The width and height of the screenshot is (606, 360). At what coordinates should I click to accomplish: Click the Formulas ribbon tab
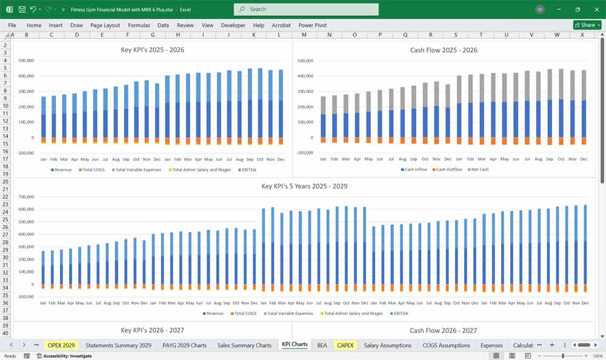[x=139, y=25]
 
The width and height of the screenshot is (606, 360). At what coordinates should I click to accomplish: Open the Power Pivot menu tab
[x=312, y=25]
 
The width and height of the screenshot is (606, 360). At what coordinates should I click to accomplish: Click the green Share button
[x=587, y=25]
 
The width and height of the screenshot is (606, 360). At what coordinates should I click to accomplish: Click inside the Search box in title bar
[x=306, y=9]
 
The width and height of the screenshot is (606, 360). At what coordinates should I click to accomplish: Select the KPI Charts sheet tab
[x=295, y=345]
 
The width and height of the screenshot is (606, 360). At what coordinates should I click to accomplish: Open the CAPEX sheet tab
[x=345, y=345]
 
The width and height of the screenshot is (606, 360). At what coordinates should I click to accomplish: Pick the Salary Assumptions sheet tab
[x=387, y=345]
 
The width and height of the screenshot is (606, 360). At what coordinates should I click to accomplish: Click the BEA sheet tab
[x=322, y=345]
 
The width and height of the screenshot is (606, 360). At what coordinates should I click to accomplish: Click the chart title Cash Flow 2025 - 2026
[x=444, y=50]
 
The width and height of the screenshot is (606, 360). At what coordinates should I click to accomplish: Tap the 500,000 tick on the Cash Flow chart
[x=305, y=61]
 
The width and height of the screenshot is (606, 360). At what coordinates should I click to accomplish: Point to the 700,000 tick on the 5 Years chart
[x=26, y=197]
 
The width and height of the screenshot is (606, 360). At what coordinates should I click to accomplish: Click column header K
[x=253, y=35]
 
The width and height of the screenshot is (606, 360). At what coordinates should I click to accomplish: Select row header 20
[x=6, y=181]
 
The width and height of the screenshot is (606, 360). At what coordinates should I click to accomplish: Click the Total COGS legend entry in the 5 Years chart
[x=245, y=313]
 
